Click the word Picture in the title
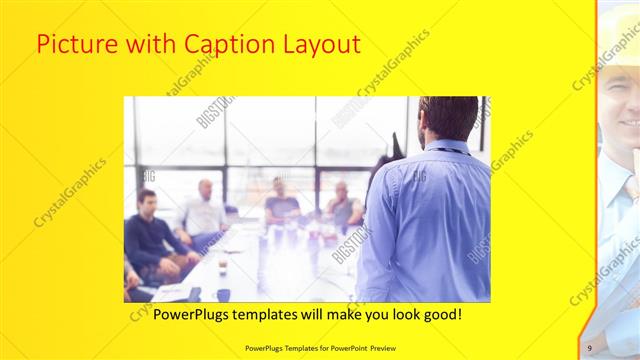(x=73, y=44)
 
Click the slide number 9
(x=590, y=347)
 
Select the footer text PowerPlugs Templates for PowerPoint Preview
(x=319, y=347)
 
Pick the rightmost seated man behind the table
(x=343, y=205)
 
